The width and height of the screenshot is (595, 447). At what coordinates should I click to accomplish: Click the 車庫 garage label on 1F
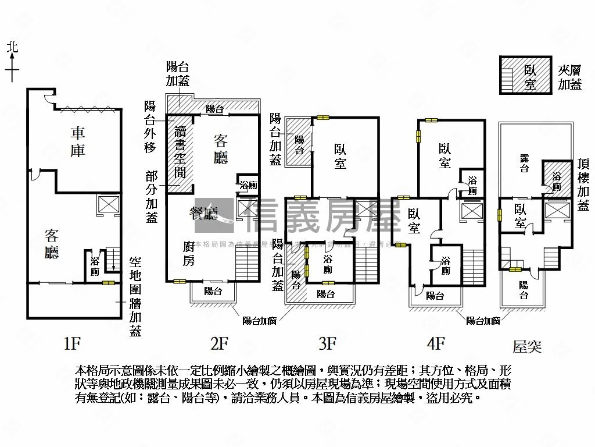[78, 142]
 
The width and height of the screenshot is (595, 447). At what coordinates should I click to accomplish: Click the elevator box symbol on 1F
[108, 205]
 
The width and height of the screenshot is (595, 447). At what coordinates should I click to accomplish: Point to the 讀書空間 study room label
[181, 152]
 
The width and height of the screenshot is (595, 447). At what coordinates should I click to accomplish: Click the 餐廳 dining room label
[201, 213]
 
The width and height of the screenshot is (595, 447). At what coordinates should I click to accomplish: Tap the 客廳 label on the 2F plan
[220, 148]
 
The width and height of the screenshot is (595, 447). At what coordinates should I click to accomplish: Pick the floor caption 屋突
[526, 347]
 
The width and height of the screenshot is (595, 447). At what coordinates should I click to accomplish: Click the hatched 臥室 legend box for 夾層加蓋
[525, 75]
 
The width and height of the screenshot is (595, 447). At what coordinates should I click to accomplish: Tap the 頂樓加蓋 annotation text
[583, 185]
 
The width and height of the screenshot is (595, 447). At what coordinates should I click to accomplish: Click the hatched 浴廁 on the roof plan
[557, 181]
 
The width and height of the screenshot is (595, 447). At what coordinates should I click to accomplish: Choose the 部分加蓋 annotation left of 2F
[151, 197]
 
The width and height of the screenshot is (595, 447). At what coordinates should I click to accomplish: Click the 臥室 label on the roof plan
[519, 216]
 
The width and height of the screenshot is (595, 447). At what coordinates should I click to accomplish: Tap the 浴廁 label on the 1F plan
[95, 267]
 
